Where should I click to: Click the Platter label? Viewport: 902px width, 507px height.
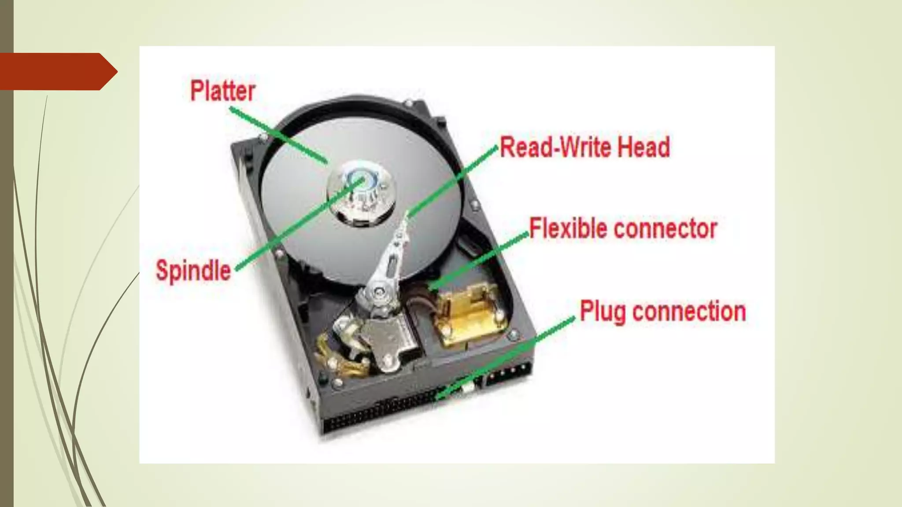point(222,91)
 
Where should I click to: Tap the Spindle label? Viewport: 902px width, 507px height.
point(193,270)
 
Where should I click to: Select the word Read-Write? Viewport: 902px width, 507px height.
point(557,147)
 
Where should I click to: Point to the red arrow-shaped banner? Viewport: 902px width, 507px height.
point(57,72)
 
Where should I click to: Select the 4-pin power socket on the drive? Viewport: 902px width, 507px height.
point(506,374)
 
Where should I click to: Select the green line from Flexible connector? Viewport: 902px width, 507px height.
point(480,260)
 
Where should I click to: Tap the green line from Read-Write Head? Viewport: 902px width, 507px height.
point(454,180)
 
